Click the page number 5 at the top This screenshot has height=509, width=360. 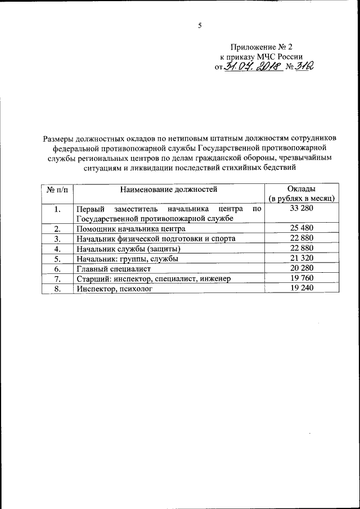click(199, 25)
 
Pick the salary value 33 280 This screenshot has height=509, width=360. click(301, 209)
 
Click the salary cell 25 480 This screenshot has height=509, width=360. click(301, 228)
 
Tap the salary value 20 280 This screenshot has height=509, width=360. click(301, 268)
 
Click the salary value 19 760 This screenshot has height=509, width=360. click(301, 278)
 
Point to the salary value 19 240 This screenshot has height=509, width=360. click(301, 287)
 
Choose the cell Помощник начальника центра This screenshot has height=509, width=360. click(130, 229)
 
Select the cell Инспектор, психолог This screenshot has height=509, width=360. click(114, 288)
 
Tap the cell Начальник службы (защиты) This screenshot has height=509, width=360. click(128, 249)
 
